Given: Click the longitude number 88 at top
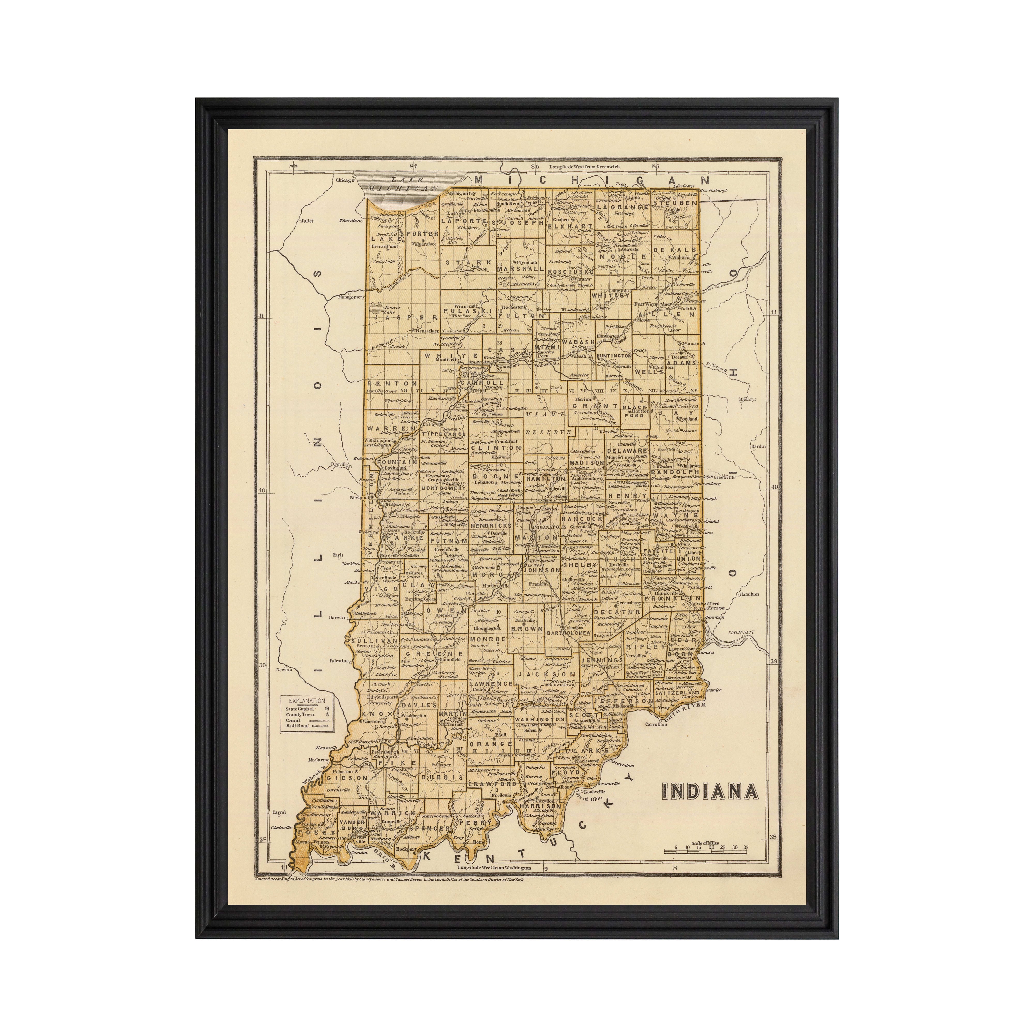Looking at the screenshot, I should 293,166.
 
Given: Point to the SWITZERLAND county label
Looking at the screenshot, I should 677,693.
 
